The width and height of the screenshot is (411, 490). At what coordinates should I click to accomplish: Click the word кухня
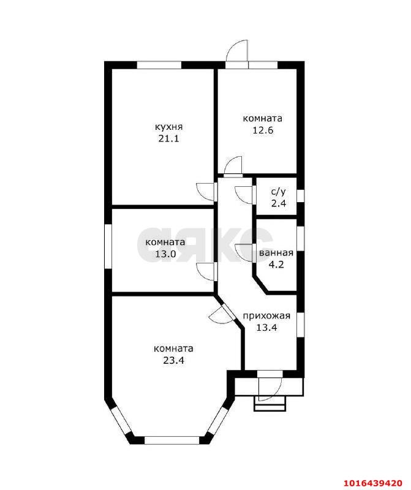(169, 127)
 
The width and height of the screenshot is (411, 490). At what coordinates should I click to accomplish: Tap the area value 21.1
(168, 138)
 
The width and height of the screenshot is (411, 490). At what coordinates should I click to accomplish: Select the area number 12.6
(263, 130)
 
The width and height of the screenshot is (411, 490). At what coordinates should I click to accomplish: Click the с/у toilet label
(278, 192)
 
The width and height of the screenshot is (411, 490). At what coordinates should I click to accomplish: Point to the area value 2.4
(279, 203)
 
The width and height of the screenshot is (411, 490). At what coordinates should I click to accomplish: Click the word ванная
(276, 253)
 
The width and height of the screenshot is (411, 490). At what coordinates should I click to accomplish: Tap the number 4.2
(276, 265)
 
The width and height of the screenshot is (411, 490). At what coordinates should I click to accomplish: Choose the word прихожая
(266, 316)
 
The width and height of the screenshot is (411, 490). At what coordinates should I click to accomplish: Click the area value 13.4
(267, 328)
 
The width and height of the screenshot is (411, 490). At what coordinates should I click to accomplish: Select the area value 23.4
(173, 360)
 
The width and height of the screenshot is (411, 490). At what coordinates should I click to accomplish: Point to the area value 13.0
(165, 254)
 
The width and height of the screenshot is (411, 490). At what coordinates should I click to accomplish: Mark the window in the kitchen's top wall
(159, 65)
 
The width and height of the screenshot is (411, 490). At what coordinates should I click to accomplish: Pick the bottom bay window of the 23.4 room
(172, 440)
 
